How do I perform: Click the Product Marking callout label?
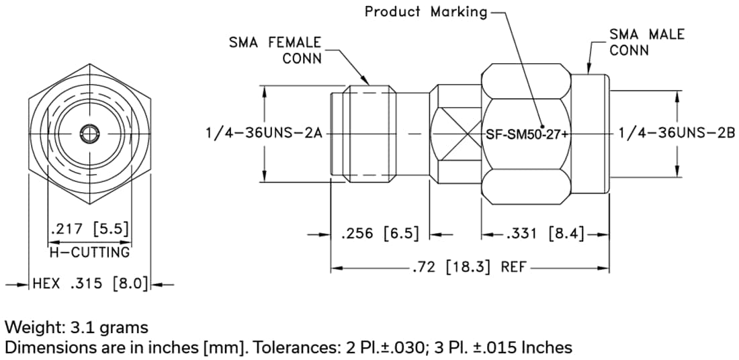tap(425, 11)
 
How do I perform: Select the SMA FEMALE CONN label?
tap(275, 50)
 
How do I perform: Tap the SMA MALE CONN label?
tap(646, 42)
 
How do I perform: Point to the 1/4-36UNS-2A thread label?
tap(265, 133)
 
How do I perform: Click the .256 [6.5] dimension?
tap(380, 234)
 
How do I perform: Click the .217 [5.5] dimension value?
tap(89, 229)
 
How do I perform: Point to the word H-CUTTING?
tap(89, 253)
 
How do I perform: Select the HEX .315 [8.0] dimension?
tap(90, 283)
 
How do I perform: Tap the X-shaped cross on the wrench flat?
tap(455, 133)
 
